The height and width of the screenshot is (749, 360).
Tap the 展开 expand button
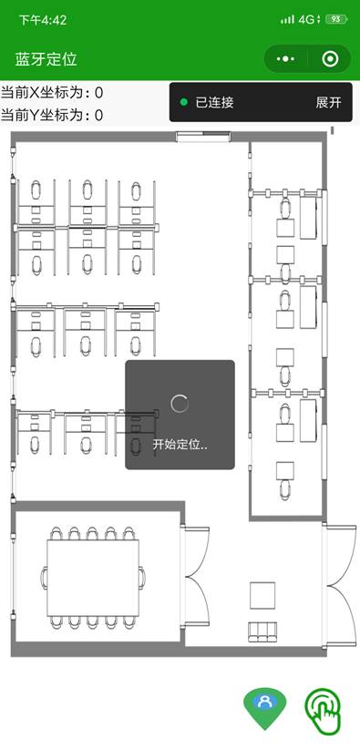[328, 102]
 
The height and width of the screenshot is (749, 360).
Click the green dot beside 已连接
[183, 102]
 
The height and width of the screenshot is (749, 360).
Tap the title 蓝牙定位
[46, 59]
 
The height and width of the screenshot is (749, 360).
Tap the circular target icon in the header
[330, 59]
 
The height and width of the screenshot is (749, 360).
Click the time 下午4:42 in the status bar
[43, 20]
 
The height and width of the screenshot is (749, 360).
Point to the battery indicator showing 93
[336, 19]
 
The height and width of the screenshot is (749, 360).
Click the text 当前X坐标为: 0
[52, 92]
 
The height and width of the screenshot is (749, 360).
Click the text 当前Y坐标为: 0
[52, 115]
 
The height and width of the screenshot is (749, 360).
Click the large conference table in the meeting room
[93, 578]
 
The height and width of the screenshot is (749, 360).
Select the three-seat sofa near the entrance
[262, 631]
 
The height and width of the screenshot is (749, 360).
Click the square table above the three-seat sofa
[262, 596]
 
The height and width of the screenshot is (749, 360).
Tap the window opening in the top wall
[203, 137]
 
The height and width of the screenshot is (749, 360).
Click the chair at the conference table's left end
[44, 578]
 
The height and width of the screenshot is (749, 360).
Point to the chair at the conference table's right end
[142, 578]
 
